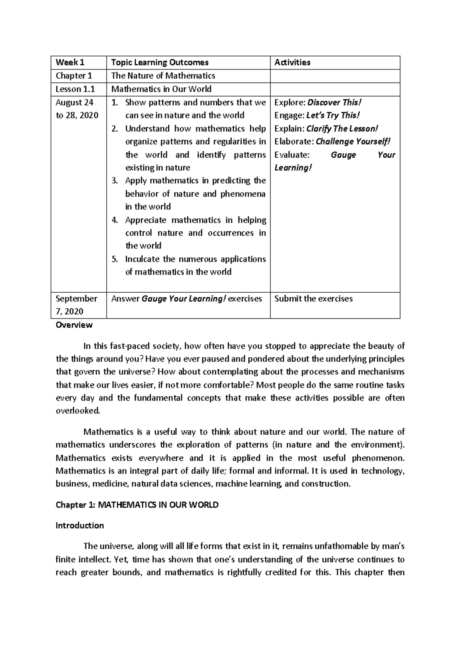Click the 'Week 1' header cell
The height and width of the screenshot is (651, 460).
point(70,63)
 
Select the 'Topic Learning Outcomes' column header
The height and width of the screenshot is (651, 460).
point(160,63)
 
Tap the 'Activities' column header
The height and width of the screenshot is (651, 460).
point(292,63)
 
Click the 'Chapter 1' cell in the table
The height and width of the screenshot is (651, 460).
point(74,76)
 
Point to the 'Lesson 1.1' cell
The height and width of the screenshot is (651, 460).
point(75,89)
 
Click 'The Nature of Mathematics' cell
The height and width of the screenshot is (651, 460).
point(163,76)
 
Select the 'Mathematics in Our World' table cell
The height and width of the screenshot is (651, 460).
point(161,89)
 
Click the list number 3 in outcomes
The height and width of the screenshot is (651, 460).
point(114,181)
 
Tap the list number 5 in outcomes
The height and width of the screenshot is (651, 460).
point(114,259)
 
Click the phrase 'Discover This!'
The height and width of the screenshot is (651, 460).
point(335,102)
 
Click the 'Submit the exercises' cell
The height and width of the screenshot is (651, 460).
point(314,299)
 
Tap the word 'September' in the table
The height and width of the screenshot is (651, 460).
point(76,299)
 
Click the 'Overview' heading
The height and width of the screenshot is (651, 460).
point(74,325)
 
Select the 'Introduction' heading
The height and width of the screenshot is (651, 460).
point(80,526)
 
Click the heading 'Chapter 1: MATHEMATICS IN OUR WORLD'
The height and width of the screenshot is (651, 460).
point(137,505)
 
